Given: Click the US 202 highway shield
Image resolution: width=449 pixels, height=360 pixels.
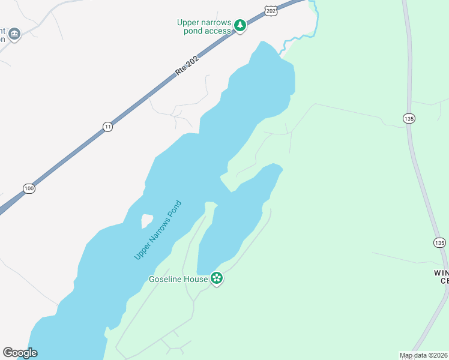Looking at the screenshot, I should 271,11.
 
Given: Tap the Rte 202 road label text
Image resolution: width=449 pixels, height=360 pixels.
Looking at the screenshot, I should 186,64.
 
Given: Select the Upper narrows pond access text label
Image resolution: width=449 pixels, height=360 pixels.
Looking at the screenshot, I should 204,26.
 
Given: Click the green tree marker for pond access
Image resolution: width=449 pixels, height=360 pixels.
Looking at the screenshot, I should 240,25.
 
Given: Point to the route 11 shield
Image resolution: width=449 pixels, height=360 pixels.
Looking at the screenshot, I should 107,126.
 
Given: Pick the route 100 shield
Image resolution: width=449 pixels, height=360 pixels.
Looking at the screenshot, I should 29,188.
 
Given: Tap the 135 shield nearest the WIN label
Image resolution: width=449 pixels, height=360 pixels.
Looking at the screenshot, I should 439,242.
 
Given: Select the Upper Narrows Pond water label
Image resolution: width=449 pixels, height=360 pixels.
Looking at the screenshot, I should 157,230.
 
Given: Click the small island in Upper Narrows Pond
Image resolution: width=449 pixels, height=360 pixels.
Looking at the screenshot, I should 146,221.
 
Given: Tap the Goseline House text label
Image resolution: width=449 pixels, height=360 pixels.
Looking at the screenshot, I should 178,279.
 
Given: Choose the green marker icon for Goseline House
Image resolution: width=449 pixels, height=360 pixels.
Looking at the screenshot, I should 217,278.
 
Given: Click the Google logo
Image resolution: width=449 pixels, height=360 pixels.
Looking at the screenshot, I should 20,353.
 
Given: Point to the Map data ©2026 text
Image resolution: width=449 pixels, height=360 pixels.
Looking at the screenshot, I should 424,355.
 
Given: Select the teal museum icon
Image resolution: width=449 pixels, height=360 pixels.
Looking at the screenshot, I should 15,34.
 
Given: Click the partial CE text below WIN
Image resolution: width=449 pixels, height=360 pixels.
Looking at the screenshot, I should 444,281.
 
